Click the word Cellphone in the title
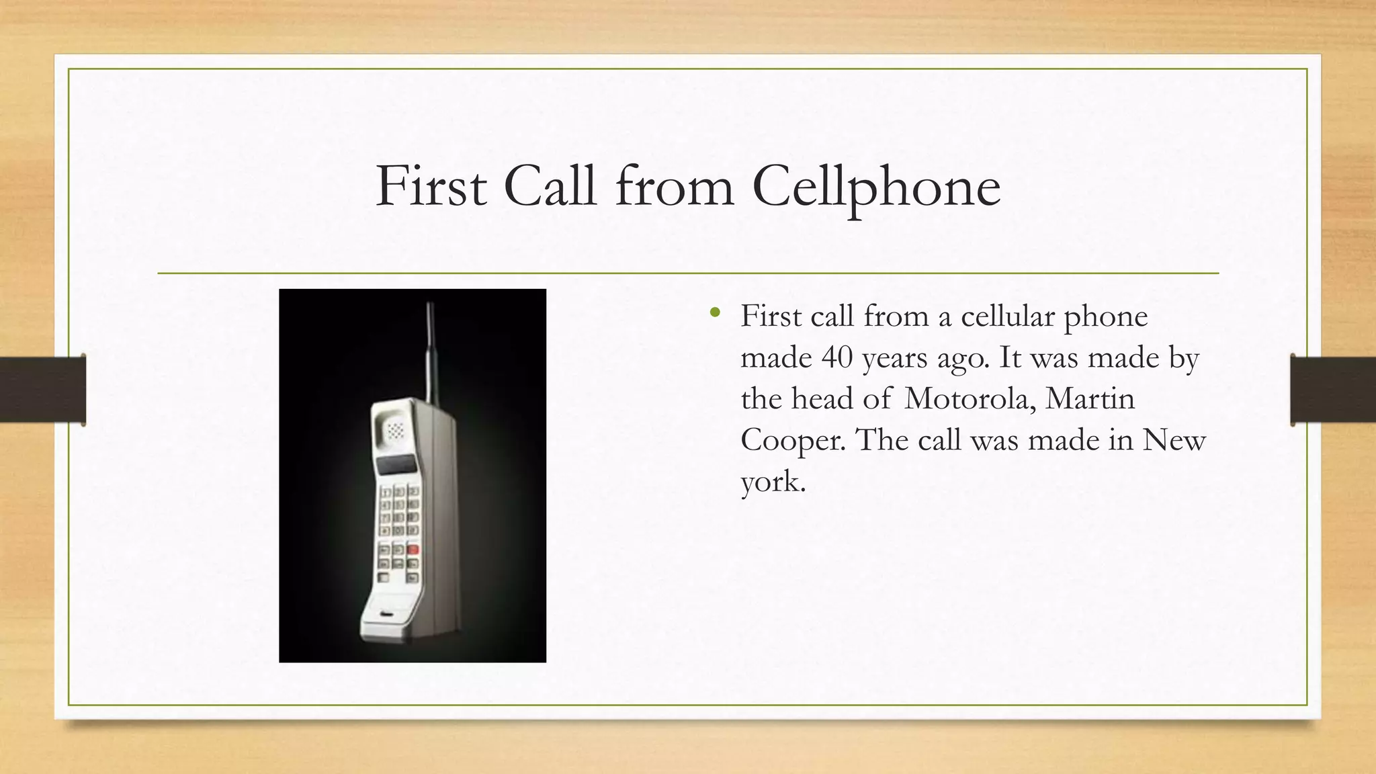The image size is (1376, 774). (x=876, y=187)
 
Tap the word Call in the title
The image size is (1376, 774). (x=550, y=185)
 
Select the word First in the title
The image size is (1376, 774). (x=431, y=185)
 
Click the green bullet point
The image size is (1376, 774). (x=715, y=312)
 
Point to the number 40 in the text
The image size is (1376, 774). (x=837, y=357)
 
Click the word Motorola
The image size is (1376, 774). (x=965, y=399)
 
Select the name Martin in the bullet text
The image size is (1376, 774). (x=1090, y=399)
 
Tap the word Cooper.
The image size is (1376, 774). (x=793, y=441)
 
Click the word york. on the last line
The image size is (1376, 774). (x=773, y=482)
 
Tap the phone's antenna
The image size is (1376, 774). (x=430, y=349)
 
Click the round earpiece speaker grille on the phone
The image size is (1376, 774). (x=395, y=429)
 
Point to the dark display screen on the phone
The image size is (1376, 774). (x=396, y=464)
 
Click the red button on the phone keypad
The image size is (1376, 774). (x=413, y=550)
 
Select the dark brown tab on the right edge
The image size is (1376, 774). (x=1333, y=390)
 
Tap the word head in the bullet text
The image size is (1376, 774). (x=822, y=399)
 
